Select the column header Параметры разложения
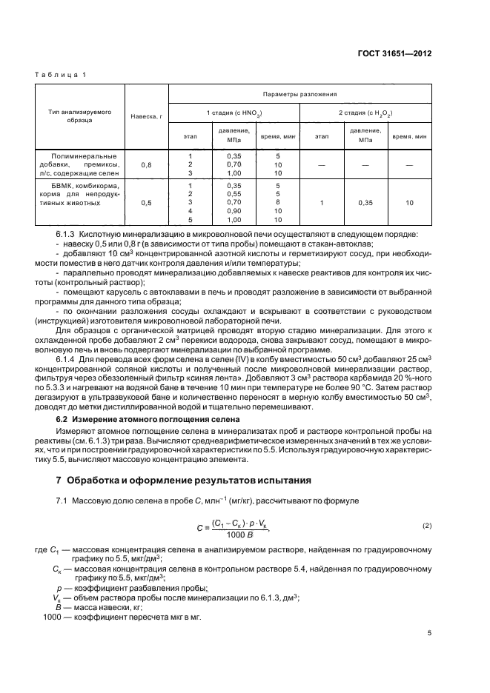coord(300,94)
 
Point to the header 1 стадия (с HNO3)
coord(234,113)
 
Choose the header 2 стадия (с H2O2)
coord(365,113)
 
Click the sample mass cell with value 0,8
coord(146,165)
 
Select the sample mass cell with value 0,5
coord(146,202)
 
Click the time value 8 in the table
coord(277,201)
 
